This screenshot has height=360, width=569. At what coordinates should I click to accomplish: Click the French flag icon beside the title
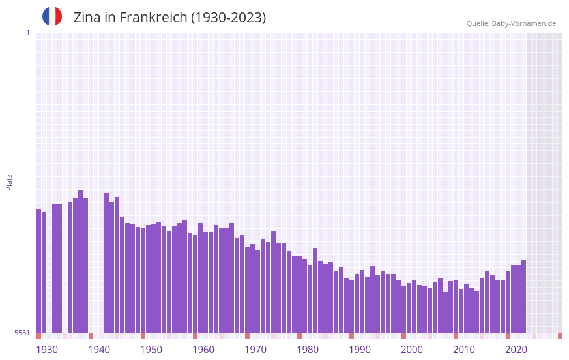[52, 17]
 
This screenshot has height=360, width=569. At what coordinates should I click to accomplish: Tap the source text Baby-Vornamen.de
[524, 23]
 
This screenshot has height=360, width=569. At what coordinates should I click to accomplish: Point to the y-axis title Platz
[9, 182]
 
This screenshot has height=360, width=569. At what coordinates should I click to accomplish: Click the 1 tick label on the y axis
[27, 33]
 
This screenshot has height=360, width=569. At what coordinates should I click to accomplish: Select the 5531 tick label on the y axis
[22, 333]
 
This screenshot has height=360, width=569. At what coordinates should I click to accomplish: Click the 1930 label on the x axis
[47, 349]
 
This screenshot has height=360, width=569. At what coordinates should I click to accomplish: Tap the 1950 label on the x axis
[151, 349]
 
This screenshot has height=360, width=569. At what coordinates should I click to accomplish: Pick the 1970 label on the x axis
[255, 349]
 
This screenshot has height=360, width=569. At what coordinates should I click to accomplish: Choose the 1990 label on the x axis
[360, 349]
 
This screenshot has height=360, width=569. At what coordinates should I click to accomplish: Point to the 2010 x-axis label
[464, 349]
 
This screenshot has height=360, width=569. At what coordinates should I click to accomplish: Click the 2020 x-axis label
[516, 349]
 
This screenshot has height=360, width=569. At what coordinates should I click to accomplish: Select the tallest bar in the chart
[81, 261]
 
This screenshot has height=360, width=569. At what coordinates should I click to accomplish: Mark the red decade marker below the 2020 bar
[508, 336]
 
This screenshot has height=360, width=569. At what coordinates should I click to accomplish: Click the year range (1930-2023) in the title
[228, 18]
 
